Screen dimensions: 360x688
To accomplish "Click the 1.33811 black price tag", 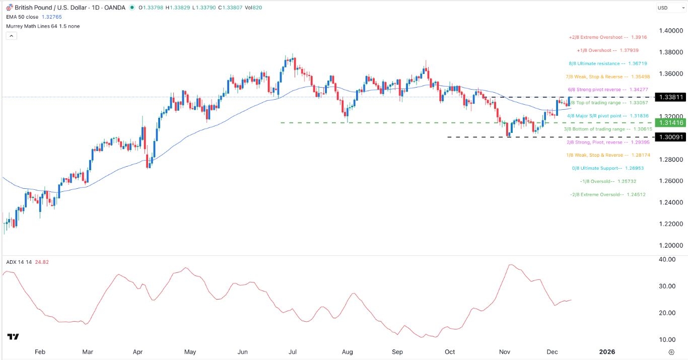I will point(669,97).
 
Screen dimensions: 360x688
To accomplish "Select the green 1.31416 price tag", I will point(669,123).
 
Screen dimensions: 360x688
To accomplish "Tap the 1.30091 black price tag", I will point(669,137).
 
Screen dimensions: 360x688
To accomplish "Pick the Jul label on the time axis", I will point(292,351).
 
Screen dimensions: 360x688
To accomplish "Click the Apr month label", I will point(137,351).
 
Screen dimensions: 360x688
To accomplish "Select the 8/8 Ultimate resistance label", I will point(607,64).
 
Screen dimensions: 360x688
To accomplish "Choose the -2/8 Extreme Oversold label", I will point(607,194).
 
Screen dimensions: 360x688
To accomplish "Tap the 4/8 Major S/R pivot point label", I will point(607,116).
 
